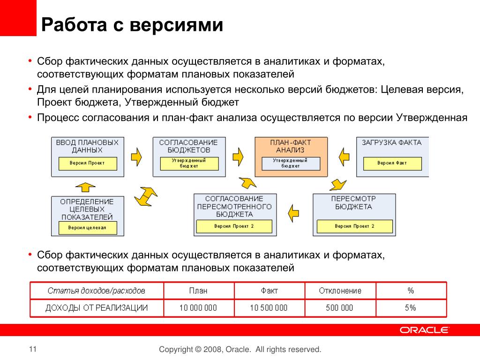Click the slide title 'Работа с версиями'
pyautogui.click(x=132, y=25)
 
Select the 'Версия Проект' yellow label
pyautogui.click(x=87, y=163)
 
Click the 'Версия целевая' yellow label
pyautogui.click(x=87, y=228)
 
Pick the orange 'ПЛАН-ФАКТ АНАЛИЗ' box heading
pyautogui.click(x=290, y=146)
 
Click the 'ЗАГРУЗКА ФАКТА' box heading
pyautogui.click(x=392, y=142)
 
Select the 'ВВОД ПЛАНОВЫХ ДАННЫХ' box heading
pyautogui.click(x=87, y=146)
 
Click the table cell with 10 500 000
pyautogui.click(x=269, y=308)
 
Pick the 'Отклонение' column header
pyautogui.click(x=340, y=291)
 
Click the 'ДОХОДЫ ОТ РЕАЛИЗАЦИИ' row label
pyautogui.click(x=97, y=308)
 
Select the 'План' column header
pyautogui.click(x=198, y=291)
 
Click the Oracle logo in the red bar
pyautogui.click(x=424, y=330)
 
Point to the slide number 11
pyautogui.click(x=32, y=349)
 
